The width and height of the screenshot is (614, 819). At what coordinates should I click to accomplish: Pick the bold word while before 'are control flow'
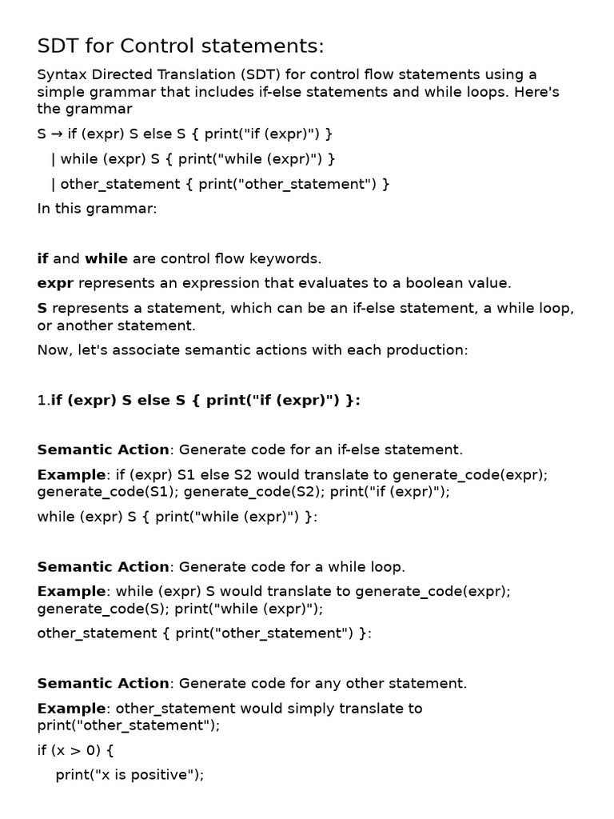[x=106, y=258]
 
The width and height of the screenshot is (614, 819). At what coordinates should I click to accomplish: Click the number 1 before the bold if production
[x=42, y=401]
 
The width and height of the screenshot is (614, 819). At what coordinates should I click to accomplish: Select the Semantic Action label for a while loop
[x=103, y=567]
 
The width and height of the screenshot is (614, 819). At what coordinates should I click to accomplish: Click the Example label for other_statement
[x=71, y=708]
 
